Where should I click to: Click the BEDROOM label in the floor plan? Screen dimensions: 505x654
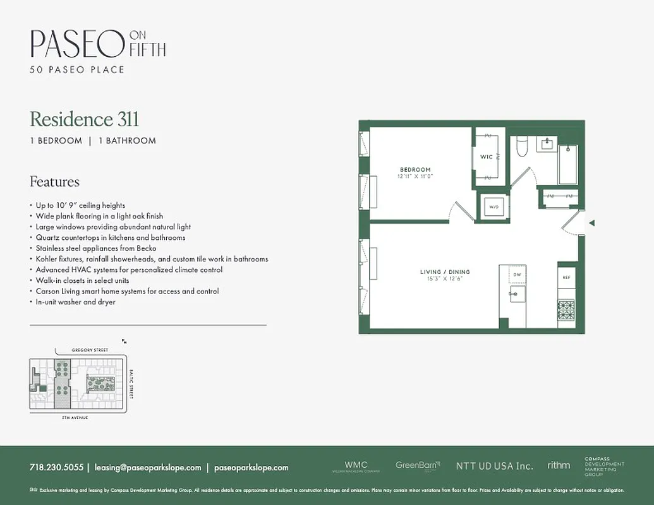click(x=415, y=169)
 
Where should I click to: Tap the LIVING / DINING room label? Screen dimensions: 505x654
click(x=445, y=272)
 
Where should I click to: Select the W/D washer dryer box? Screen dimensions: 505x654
click(x=492, y=206)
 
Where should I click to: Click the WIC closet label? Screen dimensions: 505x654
click(x=487, y=157)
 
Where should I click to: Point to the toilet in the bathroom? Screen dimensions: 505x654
click(x=522, y=147)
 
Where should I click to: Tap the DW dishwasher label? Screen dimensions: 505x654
click(x=517, y=275)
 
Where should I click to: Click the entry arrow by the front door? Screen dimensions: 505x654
click(x=591, y=222)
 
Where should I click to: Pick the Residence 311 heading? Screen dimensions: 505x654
click(x=84, y=119)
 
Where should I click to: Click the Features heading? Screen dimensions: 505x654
click(x=54, y=182)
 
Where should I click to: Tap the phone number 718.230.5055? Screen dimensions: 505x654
click(x=56, y=468)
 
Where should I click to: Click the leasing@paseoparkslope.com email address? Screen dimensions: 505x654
click(x=147, y=468)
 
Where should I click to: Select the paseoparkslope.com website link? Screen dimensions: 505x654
click(x=251, y=468)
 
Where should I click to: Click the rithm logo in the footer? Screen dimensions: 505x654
click(x=559, y=465)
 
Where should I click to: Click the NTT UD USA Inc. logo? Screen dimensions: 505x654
click(x=494, y=466)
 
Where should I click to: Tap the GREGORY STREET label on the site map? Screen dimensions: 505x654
click(x=90, y=350)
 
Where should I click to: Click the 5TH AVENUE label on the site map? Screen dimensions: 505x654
click(x=74, y=418)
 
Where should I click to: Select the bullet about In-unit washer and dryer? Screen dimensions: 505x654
click(x=75, y=302)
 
